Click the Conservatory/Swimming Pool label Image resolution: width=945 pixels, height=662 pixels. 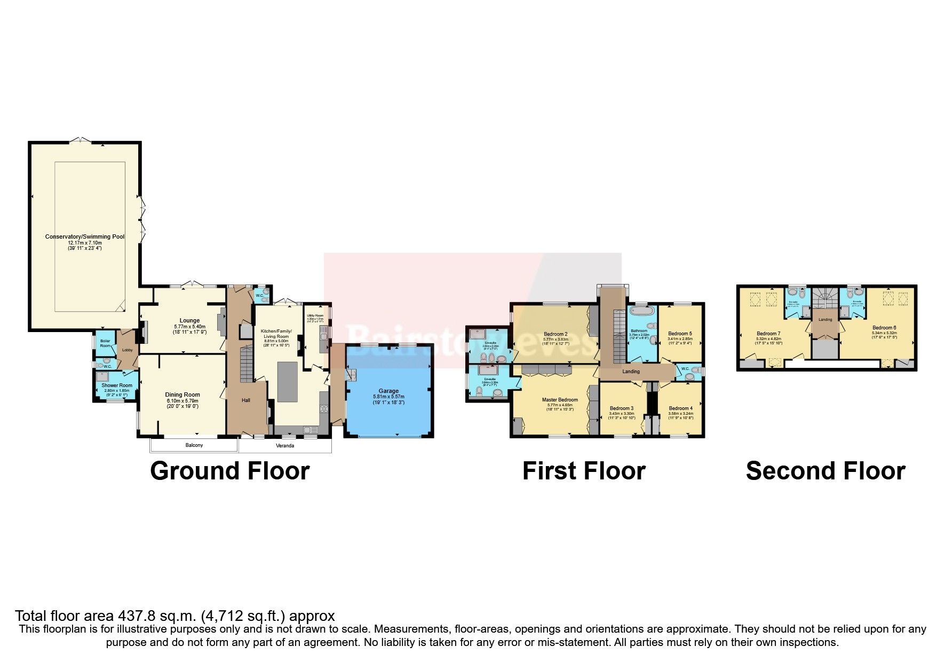point(85,237)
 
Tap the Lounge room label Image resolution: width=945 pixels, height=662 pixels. point(189,321)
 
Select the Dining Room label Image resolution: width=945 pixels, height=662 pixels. point(182,395)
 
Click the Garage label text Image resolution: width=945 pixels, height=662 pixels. point(388,391)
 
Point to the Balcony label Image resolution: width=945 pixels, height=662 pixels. point(194,445)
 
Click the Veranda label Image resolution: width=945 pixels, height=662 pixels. point(285,445)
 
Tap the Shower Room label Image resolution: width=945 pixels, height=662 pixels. point(117,385)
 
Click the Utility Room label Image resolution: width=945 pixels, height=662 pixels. point(315,316)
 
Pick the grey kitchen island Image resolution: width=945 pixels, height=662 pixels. point(287,382)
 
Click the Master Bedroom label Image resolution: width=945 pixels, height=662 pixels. point(560,400)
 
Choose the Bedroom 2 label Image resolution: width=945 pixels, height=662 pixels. point(555,334)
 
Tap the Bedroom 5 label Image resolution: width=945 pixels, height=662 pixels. point(680,334)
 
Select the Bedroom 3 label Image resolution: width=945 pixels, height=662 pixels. point(622,408)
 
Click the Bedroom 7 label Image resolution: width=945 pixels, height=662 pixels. point(768,334)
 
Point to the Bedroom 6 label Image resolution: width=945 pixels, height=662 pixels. point(884,328)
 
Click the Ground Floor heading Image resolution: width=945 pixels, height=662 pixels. point(230,471)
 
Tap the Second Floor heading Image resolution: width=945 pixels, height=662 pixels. point(825,471)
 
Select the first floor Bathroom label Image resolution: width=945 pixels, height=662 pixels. point(639,331)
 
